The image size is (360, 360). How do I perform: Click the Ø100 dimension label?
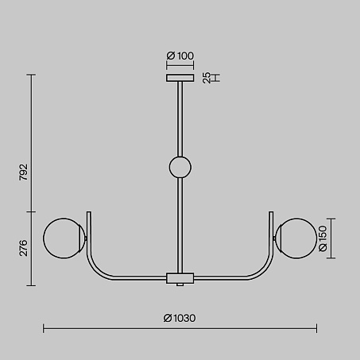pyautogui.click(x=180, y=56)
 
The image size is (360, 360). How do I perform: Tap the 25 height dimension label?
pyautogui.click(x=207, y=78)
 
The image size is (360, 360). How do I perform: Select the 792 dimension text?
pyautogui.click(x=23, y=172)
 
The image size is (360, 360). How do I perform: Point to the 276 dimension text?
pyautogui.click(x=23, y=248)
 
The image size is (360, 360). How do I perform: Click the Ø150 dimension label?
pyautogui.click(x=323, y=238)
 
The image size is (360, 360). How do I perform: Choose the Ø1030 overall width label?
pyautogui.click(x=180, y=318)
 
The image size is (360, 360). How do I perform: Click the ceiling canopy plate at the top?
pyautogui.click(x=180, y=78)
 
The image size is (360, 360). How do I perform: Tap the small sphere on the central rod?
pyautogui.click(x=180, y=167)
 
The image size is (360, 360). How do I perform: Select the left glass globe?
pyautogui.click(x=64, y=238)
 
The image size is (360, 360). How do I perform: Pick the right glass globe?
pyautogui.click(x=296, y=238)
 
